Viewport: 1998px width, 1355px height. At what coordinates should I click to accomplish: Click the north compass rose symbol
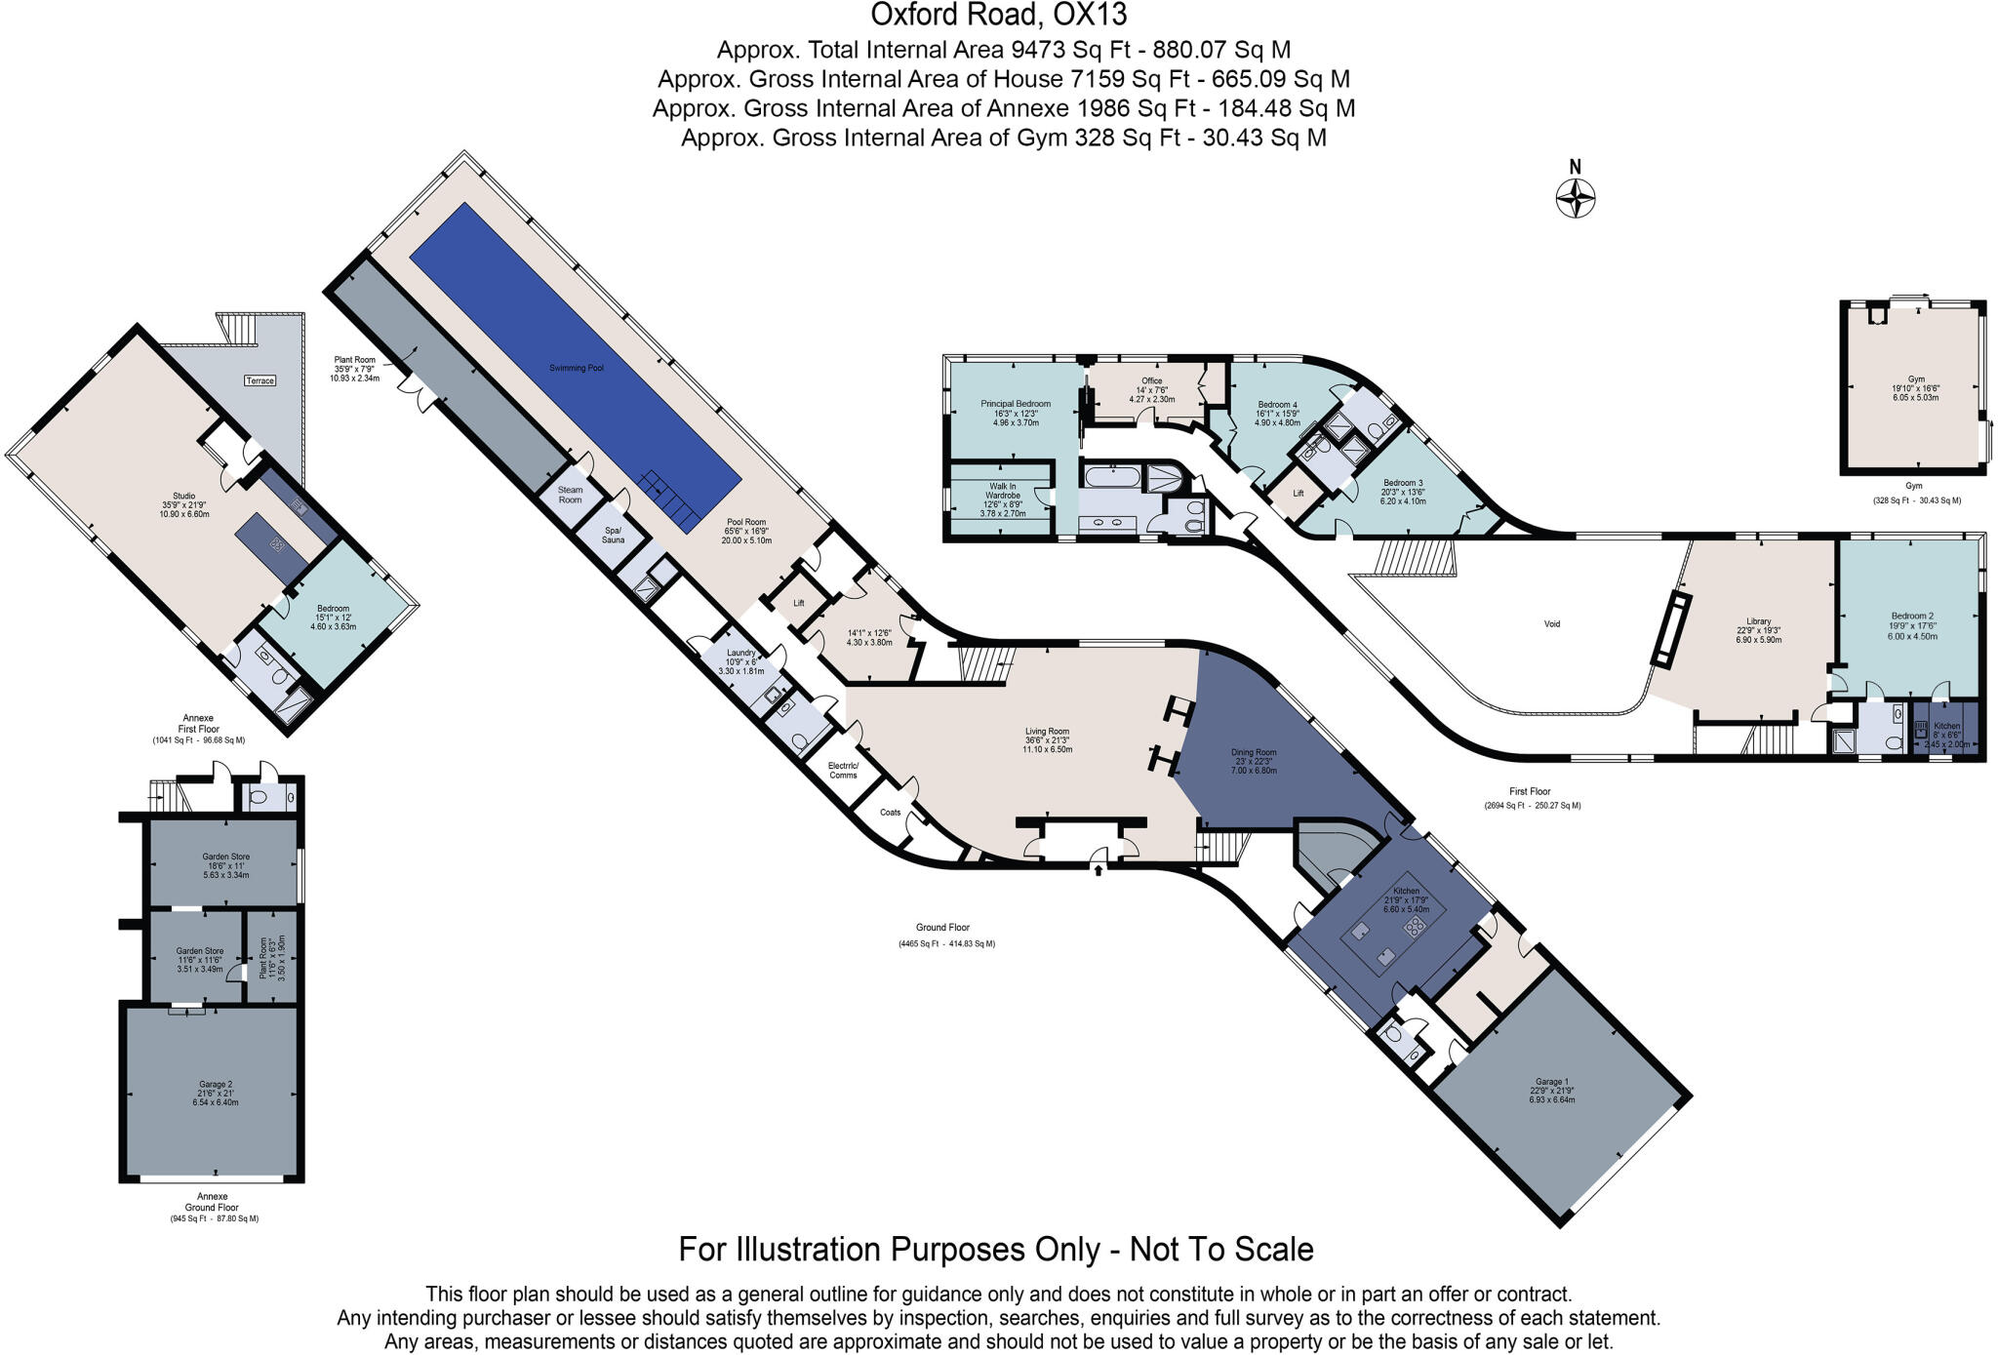[x=1575, y=198]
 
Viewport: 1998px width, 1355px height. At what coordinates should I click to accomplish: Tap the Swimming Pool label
[x=576, y=368]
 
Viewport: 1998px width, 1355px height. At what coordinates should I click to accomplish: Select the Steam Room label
[x=570, y=495]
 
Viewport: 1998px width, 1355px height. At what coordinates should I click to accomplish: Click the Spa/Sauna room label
[x=613, y=535]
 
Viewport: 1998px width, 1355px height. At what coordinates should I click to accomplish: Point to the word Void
[x=1551, y=623]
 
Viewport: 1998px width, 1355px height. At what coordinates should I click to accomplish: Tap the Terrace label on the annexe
[x=260, y=380]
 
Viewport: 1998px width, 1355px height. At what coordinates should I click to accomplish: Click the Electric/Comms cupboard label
[x=843, y=770]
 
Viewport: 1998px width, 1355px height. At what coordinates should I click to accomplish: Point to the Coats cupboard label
[x=890, y=812]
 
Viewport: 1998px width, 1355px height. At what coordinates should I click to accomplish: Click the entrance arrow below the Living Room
[x=1099, y=867]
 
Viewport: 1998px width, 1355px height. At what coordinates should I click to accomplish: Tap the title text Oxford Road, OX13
[x=998, y=15]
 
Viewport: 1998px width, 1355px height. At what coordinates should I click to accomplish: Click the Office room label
[x=1151, y=380]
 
